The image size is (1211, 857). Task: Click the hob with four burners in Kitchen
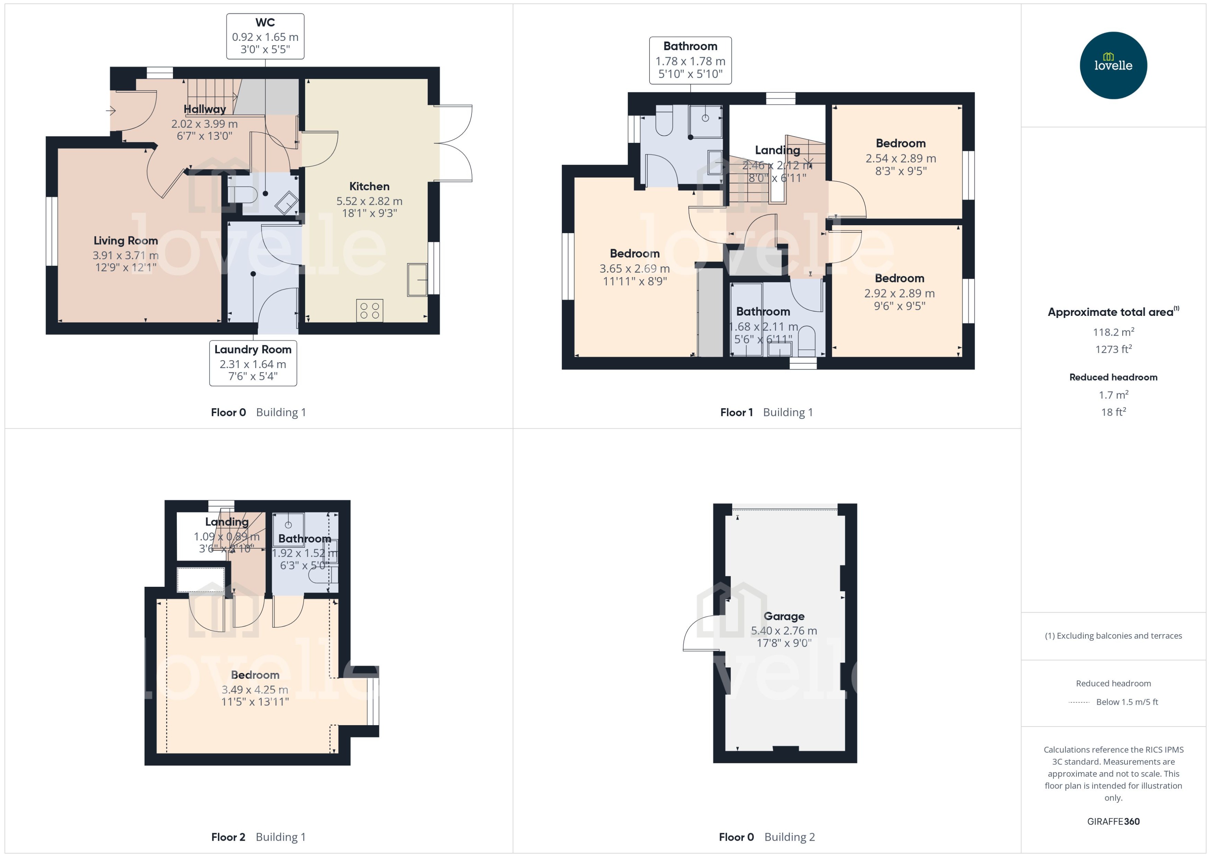click(x=370, y=310)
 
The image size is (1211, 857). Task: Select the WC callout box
click(x=265, y=36)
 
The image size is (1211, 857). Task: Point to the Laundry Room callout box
click(x=253, y=363)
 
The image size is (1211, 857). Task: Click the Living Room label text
click(x=126, y=241)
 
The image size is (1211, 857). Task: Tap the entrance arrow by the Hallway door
click(x=111, y=111)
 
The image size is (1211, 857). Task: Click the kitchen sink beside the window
click(x=417, y=280)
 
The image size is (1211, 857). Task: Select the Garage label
click(x=784, y=616)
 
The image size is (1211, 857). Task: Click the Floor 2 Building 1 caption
click(x=258, y=837)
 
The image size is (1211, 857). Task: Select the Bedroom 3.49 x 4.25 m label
click(x=255, y=675)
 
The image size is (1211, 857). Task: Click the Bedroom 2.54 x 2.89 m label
click(x=900, y=144)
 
